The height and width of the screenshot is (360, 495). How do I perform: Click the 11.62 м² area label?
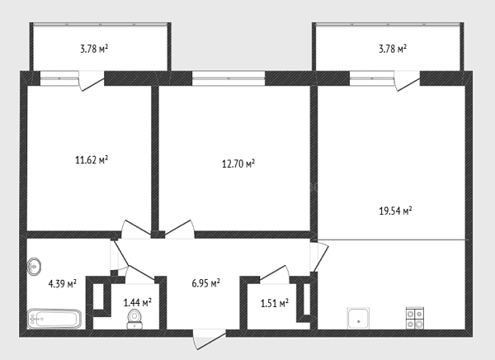click(x=92, y=159)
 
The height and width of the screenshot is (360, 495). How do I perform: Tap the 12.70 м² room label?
click(x=238, y=163)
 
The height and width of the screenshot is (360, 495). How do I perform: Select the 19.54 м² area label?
click(x=395, y=211)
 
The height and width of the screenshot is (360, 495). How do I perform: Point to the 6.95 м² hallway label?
click(x=205, y=283)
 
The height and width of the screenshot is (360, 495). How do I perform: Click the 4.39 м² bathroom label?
click(x=62, y=283)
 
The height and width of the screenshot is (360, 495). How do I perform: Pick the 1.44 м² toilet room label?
click(x=137, y=302)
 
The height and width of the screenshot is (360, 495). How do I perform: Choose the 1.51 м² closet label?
click(x=275, y=303)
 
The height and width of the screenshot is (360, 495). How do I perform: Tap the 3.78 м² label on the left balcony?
click(x=94, y=49)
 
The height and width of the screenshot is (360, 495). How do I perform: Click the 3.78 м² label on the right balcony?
click(x=393, y=49)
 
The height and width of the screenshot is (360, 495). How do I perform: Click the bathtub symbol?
click(x=54, y=319)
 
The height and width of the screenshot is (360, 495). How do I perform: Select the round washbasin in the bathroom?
click(x=34, y=267)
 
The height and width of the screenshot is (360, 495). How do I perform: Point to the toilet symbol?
click(x=134, y=320)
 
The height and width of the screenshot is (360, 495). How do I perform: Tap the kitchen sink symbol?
click(x=358, y=318)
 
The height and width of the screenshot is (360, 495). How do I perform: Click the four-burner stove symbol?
click(x=415, y=318)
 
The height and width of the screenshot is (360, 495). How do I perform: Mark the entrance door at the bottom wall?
click(x=210, y=339)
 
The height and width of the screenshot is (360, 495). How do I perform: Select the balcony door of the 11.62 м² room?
click(x=92, y=81)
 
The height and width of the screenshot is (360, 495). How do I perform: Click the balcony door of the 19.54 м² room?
click(x=408, y=81)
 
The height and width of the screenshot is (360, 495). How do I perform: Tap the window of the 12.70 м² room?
click(x=229, y=78)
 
